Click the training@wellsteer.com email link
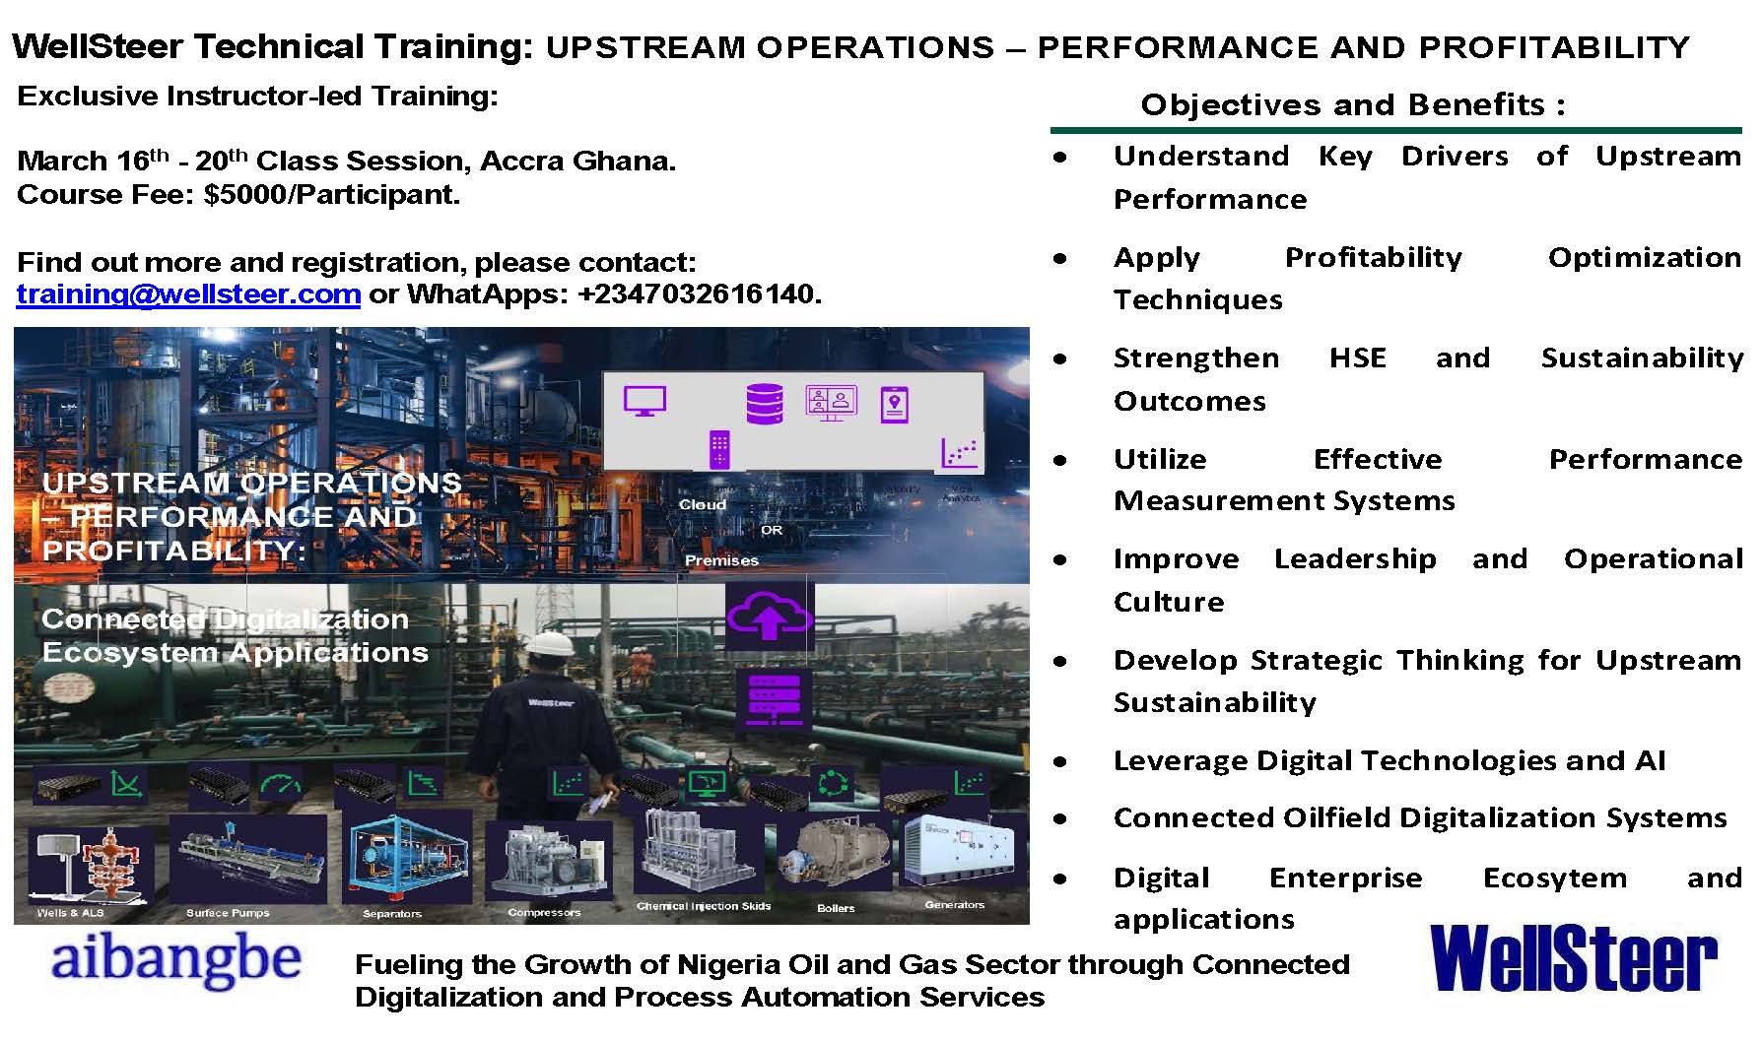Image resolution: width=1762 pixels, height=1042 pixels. [x=188, y=293]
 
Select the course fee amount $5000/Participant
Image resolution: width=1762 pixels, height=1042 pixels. [x=332, y=194]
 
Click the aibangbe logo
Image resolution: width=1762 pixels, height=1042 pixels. [x=174, y=961]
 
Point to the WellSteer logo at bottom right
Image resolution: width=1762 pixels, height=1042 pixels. [x=1574, y=958]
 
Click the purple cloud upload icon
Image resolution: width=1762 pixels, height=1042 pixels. [x=769, y=616]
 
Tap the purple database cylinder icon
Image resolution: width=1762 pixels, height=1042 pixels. [x=765, y=404]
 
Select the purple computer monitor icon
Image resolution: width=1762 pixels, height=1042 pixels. [x=645, y=401]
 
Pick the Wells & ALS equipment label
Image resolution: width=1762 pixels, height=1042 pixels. [x=70, y=913]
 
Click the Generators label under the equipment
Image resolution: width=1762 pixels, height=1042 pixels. [x=954, y=904]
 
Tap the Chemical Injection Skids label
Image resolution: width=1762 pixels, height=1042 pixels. [x=704, y=906]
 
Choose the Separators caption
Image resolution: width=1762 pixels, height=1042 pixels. [x=391, y=914]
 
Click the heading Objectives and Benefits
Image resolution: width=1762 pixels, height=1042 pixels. [x=1352, y=104]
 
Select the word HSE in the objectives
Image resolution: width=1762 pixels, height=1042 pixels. [x=1357, y=358]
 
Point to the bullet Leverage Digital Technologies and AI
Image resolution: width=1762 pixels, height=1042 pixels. [x=1389, y=760]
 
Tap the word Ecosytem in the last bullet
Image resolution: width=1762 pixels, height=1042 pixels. [x=1554, y=878]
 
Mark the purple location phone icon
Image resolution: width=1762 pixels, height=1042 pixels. [x=894, y=404]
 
